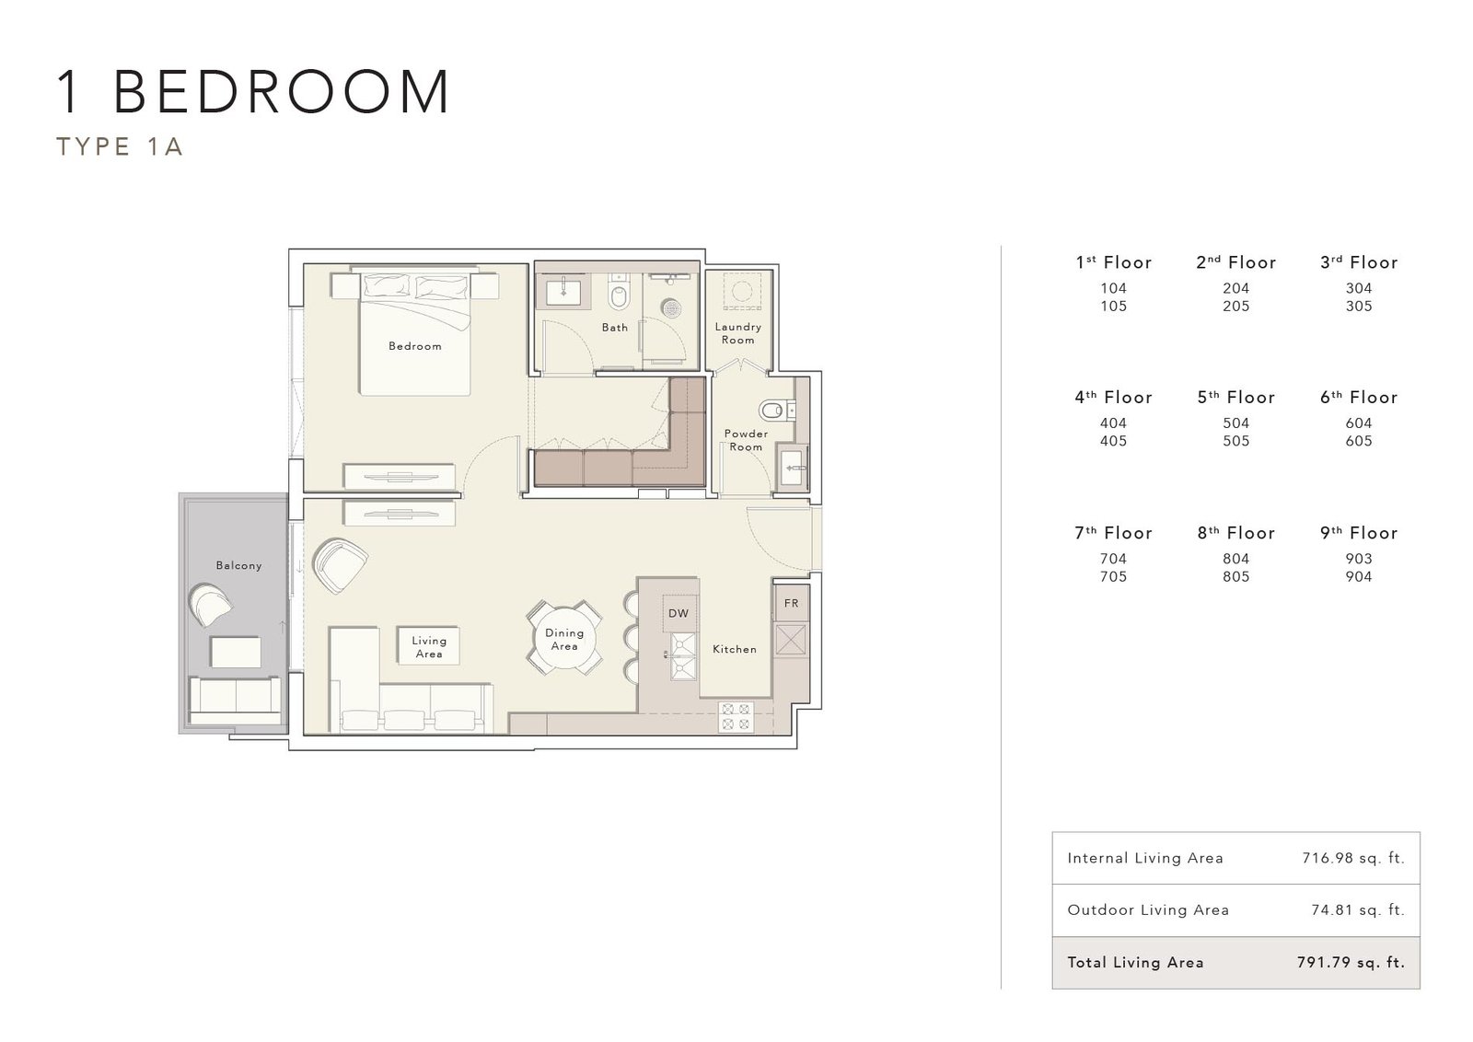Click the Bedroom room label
click(415, 346)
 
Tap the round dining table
click(564, 638)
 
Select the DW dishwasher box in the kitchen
click(679, 613)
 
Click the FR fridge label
click(791, 603)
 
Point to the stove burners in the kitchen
click(736, 716)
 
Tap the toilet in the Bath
click(618, 292)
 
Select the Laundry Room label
click(737, 333)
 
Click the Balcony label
click(238, 565)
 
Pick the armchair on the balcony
click(210, 605)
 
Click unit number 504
click(1236, 423)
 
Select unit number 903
click(1359, 559)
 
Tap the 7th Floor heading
click(1113, 532)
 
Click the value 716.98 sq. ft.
click(1353, 858)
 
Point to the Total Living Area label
click(1136, 963)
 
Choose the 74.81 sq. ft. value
click(1358, 909)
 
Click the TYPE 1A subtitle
click(119, 146)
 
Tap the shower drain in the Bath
click(671, 307)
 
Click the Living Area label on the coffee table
click(429, 647)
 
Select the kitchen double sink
click(682, 655)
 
